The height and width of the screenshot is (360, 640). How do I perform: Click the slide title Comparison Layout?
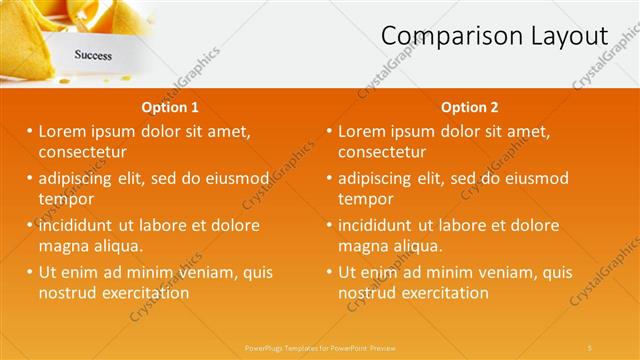(x=494, y=36)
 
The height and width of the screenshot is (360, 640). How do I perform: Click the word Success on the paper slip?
(x=93, y=56)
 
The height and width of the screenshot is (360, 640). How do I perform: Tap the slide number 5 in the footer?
(x=590, y=347)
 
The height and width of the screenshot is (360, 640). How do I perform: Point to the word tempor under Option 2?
(x=366, y=199)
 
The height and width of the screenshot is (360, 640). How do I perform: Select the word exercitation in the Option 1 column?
(x=143, y=293)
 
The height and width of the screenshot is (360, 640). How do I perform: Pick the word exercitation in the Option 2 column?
(x=443, y=293)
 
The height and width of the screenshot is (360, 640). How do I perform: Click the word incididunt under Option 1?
(x=80, y=225)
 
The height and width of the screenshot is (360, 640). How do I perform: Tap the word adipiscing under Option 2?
(x=377, y=178)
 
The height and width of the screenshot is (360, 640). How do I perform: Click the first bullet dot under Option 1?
(x=30, y=131)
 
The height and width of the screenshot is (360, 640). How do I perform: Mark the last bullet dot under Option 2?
(x=330, y=272)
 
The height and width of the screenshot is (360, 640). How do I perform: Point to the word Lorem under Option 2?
(x=362, y=131)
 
